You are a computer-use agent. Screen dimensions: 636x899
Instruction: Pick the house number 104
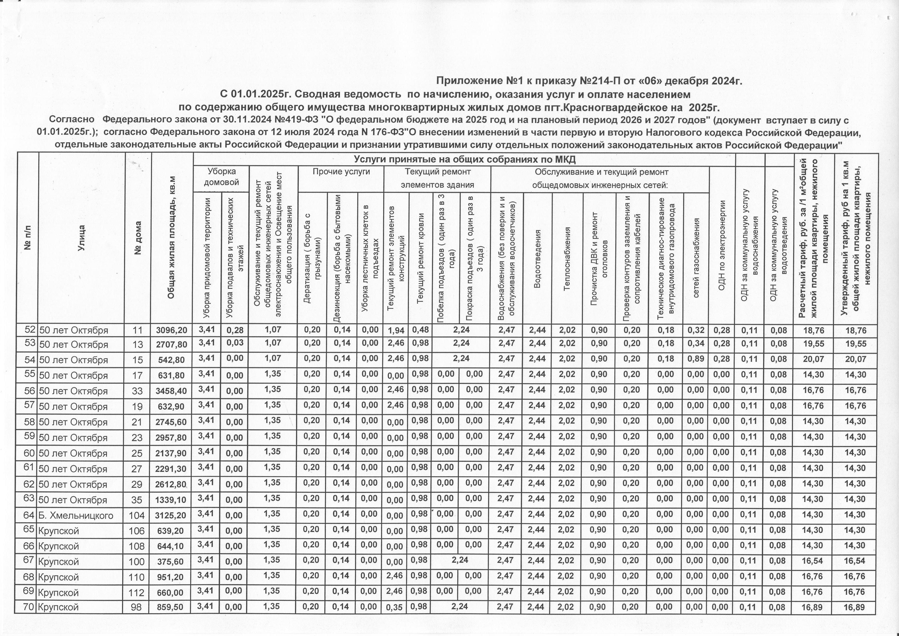click(137, 515)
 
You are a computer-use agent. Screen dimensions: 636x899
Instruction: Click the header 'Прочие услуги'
click(341, 172)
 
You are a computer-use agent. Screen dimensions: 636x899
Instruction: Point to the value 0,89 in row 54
click(696, 359)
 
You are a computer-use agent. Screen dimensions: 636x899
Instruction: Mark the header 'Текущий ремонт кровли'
click(420, 259)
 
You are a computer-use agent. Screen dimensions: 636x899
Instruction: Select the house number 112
click(137, 592)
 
